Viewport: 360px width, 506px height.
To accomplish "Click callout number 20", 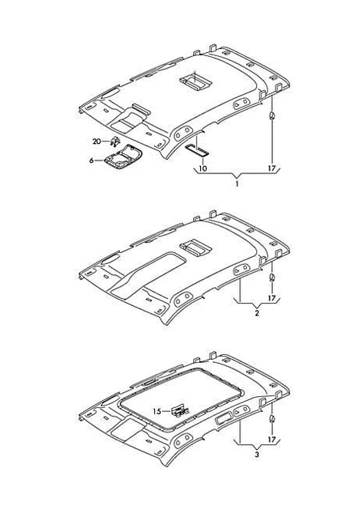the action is [x=97, y=142].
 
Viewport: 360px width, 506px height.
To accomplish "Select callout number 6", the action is [x=91, y=160].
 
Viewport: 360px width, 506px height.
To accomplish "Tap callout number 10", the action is [x=203, y=168].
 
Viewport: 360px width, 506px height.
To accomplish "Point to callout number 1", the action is [x=237, y=184].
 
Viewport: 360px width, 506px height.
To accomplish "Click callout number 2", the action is [x=257, y=313].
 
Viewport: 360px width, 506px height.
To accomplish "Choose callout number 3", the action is [x=257, y=455].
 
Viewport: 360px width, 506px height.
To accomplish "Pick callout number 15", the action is [x=157, y=411].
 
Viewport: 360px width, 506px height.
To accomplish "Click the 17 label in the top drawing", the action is [x=272, y=168].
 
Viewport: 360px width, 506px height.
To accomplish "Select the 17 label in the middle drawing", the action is [x=272, y=299].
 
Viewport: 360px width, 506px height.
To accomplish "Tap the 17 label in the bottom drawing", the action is [x=272, y=440].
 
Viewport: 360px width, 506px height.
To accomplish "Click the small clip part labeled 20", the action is [x=115, y=141].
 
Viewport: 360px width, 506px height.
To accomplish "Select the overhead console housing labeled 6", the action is [x=123, y=157].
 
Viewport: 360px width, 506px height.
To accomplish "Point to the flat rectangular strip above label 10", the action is [x=197, y=150].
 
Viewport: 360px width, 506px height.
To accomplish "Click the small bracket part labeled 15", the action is [x=180, y=411].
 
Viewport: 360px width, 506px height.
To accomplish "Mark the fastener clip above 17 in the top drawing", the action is [x=272, y=115].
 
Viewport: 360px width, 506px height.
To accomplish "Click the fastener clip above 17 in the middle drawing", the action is [x=272, y=277].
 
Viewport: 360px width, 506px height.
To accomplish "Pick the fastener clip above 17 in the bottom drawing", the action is [x=272, y=418].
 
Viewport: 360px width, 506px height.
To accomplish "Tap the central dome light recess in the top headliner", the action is [x=196, y=81].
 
